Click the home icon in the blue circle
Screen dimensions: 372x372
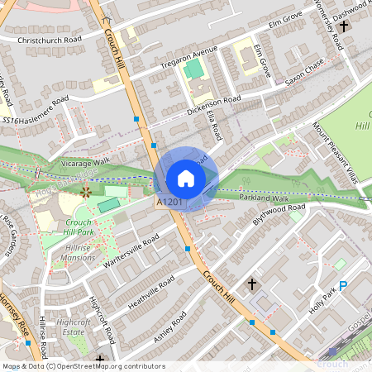186,179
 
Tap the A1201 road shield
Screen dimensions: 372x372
168,201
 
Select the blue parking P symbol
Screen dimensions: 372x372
342,285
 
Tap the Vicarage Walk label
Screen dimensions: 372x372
86,164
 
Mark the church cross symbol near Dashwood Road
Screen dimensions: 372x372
343,27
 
